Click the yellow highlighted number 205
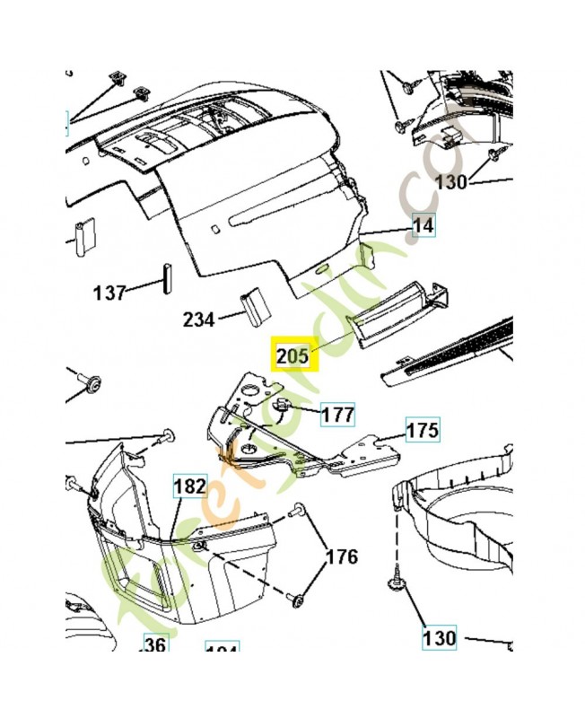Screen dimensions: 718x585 (x=292, y=356)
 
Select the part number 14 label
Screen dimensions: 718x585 (x=423, y=225)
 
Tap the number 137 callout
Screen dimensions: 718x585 (x=109, y=293)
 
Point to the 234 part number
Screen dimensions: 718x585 (x=199, y=319)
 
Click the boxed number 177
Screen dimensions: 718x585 (x=338, y=415)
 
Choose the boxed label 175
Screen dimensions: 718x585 (x=423, y=430)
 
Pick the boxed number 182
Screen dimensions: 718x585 (x=190, y=487)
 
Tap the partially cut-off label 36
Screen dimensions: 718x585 (x=156, y=645)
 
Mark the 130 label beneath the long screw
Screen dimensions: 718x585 (x=440, y=638)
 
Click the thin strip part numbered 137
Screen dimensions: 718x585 (x=165, y=277)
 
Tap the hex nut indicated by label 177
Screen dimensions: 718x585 (x=281, y=406)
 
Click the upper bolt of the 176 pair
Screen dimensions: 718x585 (x=297, y=512)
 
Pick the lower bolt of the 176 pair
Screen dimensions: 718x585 (x=297, y=598)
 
